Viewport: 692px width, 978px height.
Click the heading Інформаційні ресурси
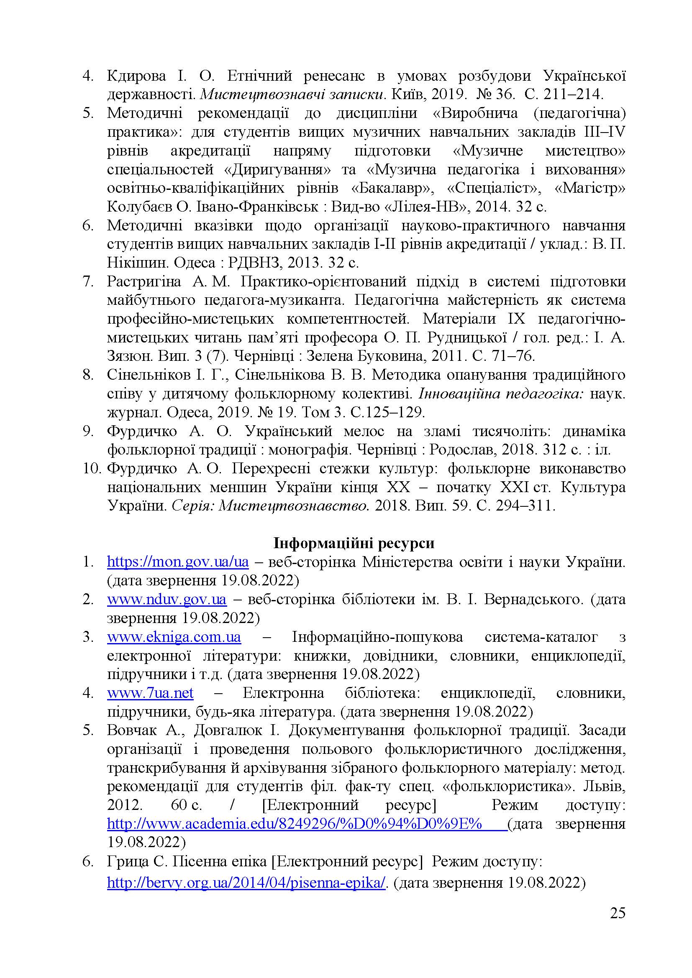point(354,543)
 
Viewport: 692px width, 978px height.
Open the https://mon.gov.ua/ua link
point(178,562)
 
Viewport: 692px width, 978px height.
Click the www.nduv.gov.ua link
point(167,599)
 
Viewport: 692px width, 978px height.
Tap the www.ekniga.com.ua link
point(174,637)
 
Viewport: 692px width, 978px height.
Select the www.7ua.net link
point(150,693)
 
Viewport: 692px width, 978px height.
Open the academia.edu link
point(294,824)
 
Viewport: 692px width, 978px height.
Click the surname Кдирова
point(136,76)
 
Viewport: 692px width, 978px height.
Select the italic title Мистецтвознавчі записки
point(292,94)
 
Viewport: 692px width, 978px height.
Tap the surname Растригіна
point(144,281)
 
